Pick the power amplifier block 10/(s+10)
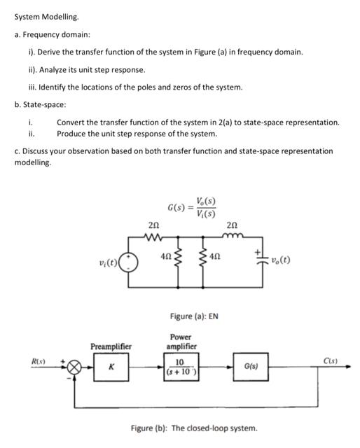pyautogui.click(x=179, y=365)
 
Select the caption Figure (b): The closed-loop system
pyautogui.click(x=195, y=427)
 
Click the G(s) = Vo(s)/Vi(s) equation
pyautogui.click(x=192, y=209)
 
